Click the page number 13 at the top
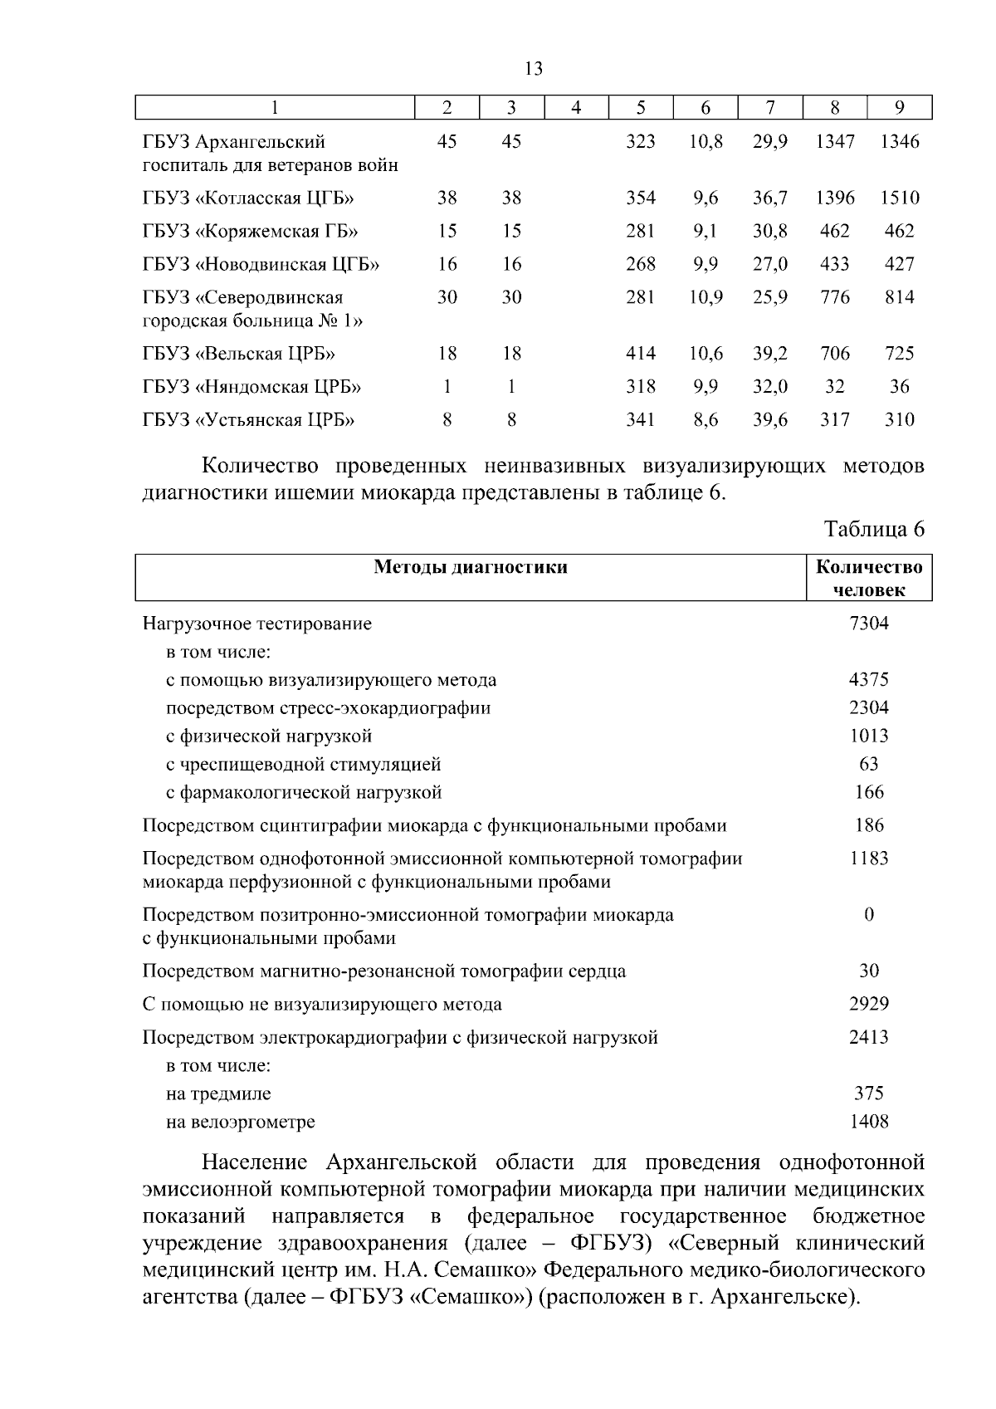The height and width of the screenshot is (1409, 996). point(534,69)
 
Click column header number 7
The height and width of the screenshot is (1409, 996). point(770,108)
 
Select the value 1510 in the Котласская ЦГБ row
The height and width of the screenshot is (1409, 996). point(900,198)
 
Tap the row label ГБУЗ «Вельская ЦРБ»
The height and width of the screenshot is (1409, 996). point(239,355)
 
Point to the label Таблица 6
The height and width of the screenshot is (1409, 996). point(874,530)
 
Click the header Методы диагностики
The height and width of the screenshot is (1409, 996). point(471,568)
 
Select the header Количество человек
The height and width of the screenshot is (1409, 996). point(869,579)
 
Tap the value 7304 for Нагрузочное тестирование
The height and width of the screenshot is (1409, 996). point(869,624)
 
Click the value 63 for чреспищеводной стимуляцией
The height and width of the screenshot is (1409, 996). point(869,764)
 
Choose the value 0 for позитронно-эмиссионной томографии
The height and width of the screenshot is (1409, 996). point(869,915)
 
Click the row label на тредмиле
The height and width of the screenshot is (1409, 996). point(218,1094)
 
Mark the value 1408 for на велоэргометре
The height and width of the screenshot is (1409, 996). point(869,1123)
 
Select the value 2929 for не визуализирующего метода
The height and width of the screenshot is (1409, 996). point(869,1005)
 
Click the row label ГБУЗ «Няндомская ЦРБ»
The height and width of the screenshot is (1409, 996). point(251,388)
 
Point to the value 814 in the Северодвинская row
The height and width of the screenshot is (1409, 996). point(900,297)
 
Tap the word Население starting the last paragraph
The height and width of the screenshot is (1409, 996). point(255,1162)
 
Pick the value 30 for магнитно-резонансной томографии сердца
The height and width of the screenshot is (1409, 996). point(869,971)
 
